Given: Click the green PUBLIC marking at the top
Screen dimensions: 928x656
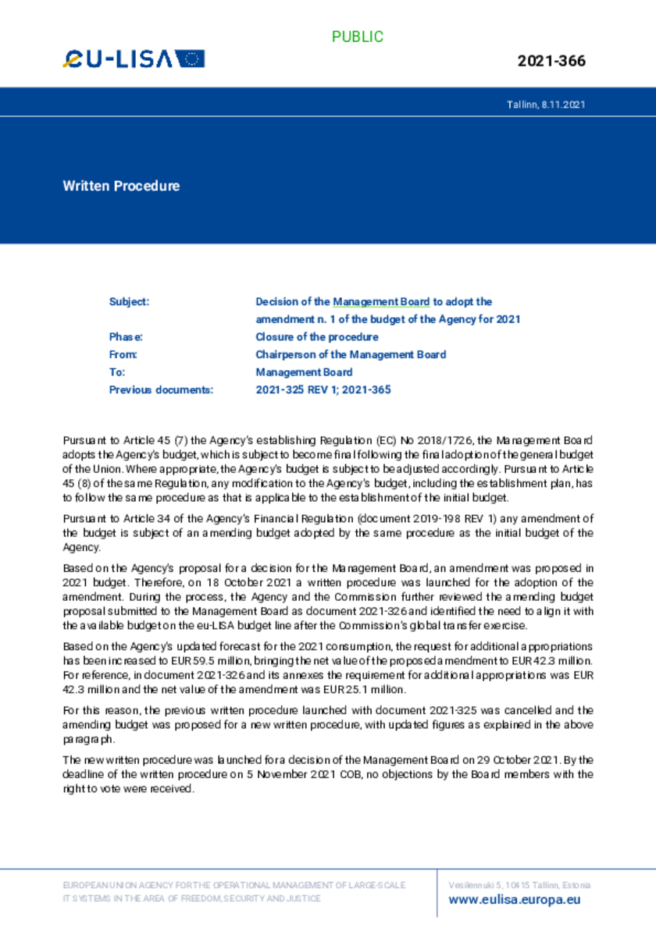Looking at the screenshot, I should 358,37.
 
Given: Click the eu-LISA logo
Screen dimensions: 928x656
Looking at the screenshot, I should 134,59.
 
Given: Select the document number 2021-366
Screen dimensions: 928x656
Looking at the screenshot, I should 551,61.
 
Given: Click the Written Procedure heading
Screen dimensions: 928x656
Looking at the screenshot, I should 121,186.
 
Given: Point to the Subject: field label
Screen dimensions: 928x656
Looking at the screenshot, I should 129,301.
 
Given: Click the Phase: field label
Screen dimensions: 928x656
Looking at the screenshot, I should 126,337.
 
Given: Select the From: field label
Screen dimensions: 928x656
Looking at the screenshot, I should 123,354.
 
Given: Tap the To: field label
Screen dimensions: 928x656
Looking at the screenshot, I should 117,372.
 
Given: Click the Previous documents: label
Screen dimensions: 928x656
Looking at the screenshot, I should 161,389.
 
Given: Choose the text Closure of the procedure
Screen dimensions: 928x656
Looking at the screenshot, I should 317,337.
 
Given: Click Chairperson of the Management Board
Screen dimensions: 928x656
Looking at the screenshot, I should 351,354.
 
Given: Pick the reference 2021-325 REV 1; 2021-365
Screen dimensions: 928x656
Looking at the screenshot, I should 323,389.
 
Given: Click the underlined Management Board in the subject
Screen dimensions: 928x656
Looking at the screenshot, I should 381,301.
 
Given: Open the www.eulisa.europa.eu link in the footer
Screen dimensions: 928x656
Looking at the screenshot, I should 515,899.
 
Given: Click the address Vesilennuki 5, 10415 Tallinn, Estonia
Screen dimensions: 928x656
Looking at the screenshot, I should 519,885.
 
